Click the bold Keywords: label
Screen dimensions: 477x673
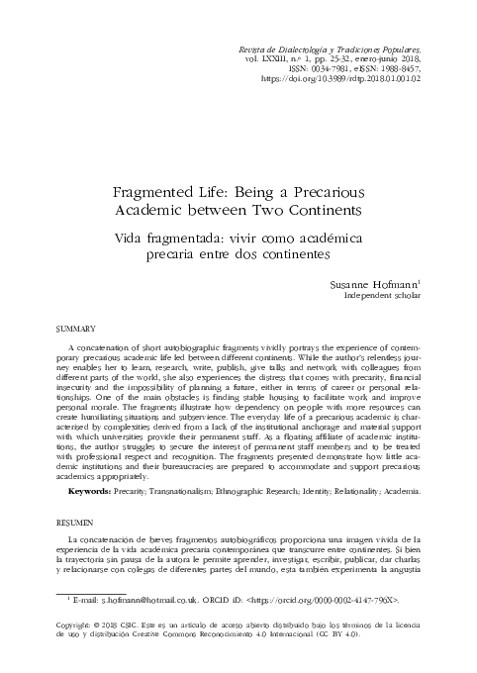[x=97, y=491]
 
